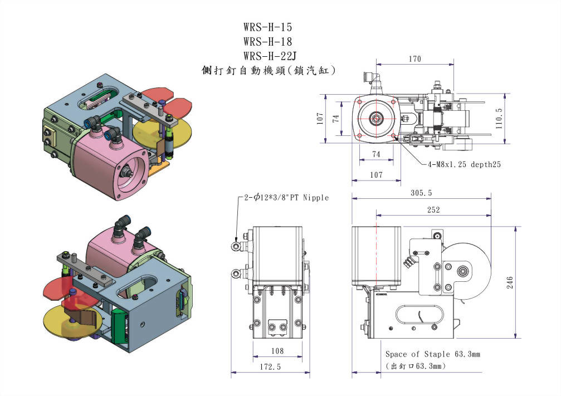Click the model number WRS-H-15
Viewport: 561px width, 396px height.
coord(267,27)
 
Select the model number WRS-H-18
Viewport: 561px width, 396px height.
coord(267,41)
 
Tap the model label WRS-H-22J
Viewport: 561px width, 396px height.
coord(270,56)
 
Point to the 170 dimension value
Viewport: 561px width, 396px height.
coord(414,59)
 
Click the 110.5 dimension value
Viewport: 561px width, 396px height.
coord(499,118)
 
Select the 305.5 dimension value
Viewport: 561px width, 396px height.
coord(421,193)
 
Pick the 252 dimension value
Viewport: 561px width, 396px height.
coord(433,210)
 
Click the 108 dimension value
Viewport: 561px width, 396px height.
coord(277,351)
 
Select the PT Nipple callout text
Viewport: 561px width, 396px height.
coord(286,198)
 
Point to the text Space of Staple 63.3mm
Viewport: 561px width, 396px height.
coord(432,354)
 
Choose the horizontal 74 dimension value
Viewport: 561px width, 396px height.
coord(377,154)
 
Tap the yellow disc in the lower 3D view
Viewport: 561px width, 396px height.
coord(61,320)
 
